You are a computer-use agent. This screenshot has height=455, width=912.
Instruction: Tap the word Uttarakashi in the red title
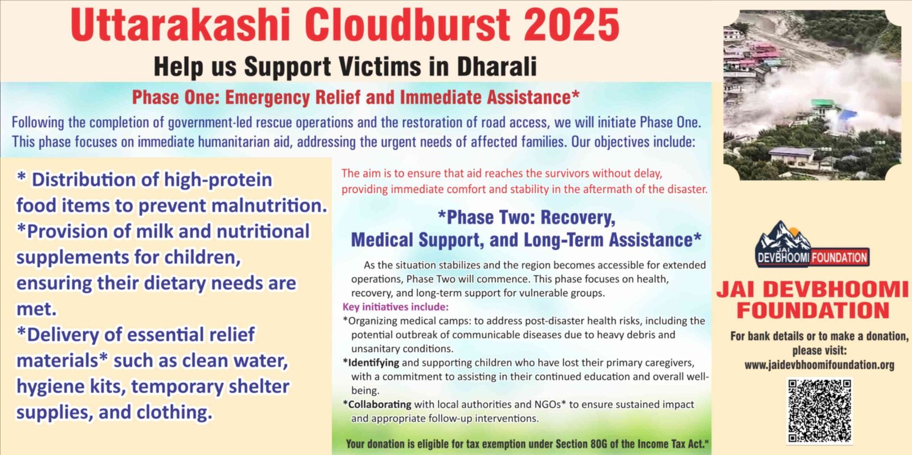coord(180,25)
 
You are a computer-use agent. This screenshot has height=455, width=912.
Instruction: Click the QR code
coord(820,411)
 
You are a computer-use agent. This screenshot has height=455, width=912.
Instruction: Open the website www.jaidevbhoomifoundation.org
coord(819,365)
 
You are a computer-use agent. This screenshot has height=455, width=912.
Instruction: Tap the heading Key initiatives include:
coord(396,307)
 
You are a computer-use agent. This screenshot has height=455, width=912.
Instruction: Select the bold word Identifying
coord(373,363)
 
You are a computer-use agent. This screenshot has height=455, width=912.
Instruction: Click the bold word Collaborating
coord(380,404)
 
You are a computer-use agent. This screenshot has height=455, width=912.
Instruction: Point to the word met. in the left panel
coord(36,309)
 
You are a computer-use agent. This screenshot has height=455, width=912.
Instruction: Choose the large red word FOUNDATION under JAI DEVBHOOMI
coord(813,310)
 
